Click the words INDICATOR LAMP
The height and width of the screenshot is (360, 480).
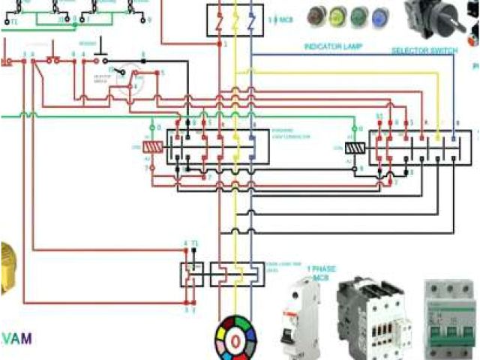333,46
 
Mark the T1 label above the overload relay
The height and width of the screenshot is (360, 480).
195,244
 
